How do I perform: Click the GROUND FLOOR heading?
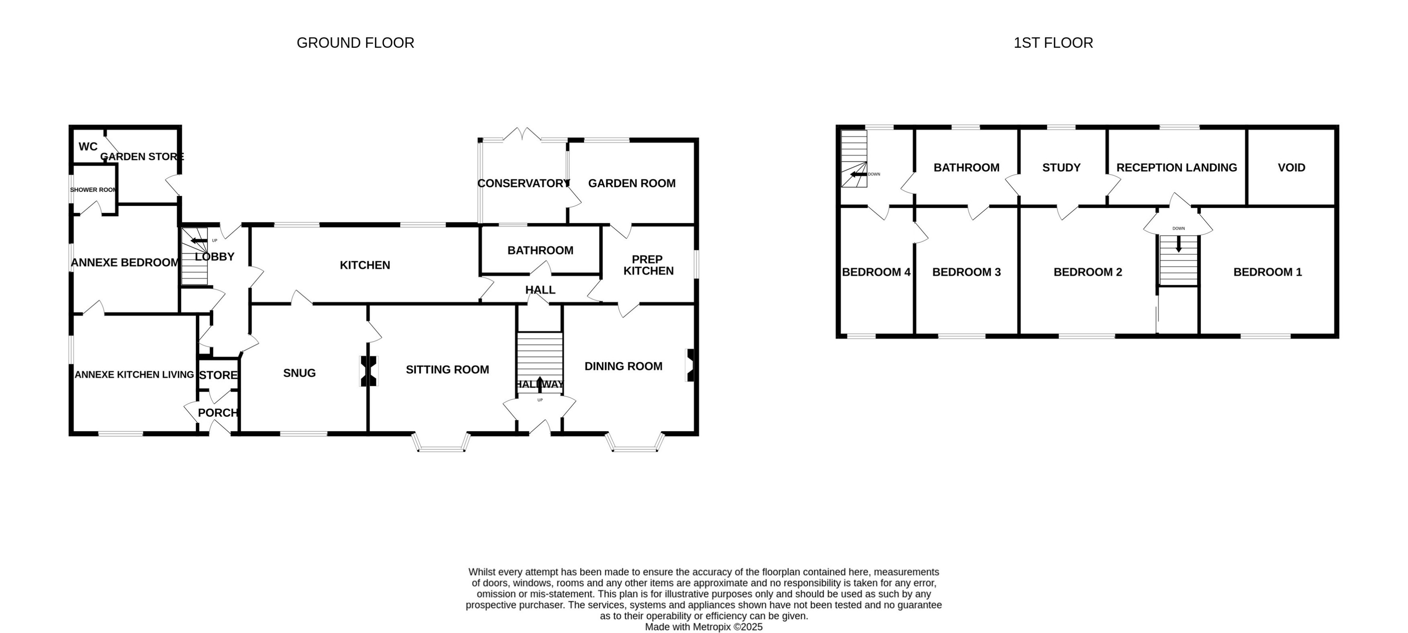355,43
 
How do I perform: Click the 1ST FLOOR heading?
1053,43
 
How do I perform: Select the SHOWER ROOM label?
93,190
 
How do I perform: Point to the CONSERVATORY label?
523,183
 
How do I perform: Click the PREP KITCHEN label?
648,265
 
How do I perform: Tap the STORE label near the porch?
218,375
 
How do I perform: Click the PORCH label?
218,413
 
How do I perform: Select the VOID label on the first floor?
1291,168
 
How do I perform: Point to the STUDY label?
1061,168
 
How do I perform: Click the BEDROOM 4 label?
876,272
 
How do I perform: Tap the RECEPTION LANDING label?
1176,168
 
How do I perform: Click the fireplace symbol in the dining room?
690,365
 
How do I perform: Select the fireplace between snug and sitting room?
368,371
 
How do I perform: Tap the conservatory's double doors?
523,134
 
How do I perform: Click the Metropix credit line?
704,627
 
